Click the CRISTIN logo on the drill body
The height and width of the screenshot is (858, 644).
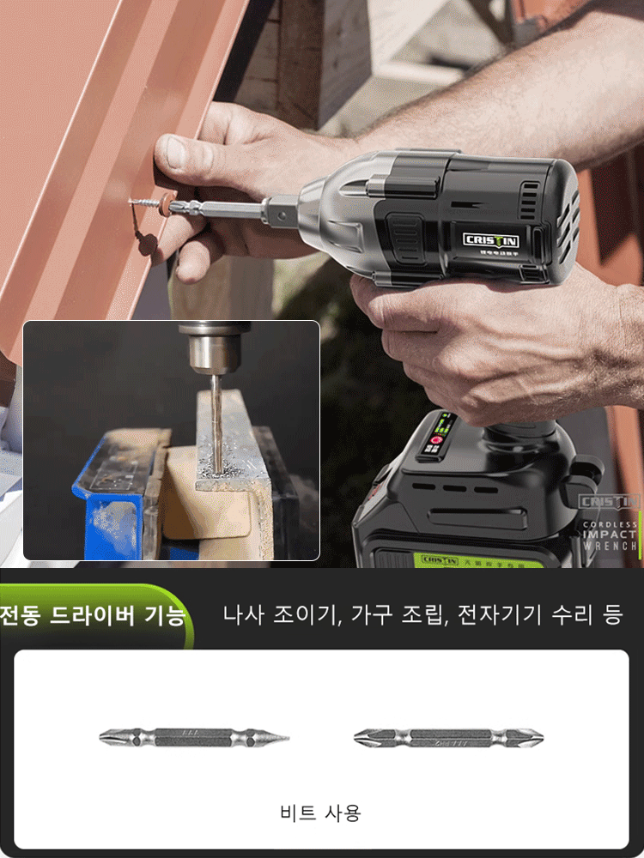tap(491, 240)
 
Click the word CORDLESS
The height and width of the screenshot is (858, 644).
tap(611, 524)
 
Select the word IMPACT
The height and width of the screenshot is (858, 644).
tap(611, 535)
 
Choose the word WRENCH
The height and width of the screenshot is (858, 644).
tap(611, 546)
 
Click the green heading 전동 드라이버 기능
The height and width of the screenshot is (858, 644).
tap(93, 615)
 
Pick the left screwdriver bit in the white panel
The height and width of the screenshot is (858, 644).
tap(194, 737)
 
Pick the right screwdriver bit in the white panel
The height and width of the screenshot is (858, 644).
tap(448, 737)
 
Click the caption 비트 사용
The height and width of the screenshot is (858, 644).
tap(320, 813)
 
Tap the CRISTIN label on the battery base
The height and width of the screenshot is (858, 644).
tap(440, 559)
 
